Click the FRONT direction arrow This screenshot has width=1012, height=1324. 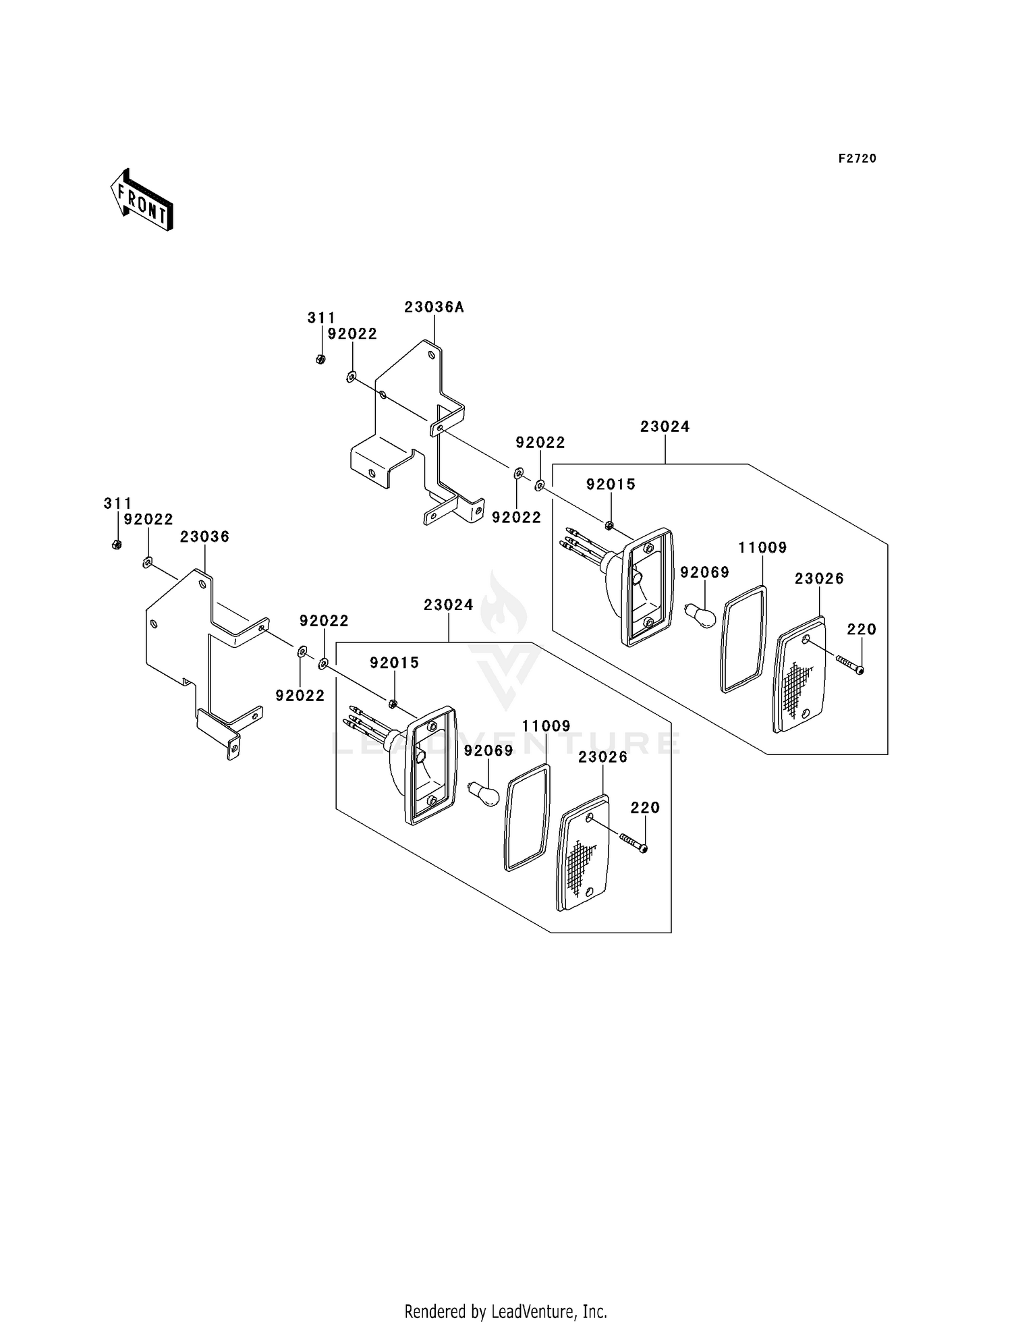click(142, 200)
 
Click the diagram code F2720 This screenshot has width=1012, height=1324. click(858, 159)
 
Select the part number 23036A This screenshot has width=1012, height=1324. click(434, 307)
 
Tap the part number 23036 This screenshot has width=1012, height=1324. click(204, 536)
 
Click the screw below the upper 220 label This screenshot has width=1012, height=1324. click(850, 664)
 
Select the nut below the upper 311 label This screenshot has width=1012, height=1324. click(320, 359)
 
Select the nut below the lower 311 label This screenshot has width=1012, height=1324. click(117, 544)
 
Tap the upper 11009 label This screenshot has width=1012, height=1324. click(762, 548)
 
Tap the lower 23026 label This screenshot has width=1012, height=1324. click(603, 757)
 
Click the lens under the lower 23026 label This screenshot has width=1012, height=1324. click(584, 854)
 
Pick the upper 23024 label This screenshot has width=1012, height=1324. click(665, 426)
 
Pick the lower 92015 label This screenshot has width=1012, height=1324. click(394, 663)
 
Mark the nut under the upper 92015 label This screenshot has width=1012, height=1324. click(609, 525)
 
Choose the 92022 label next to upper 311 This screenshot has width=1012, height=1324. click(352, 334)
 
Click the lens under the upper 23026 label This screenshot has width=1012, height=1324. click(800, 675)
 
